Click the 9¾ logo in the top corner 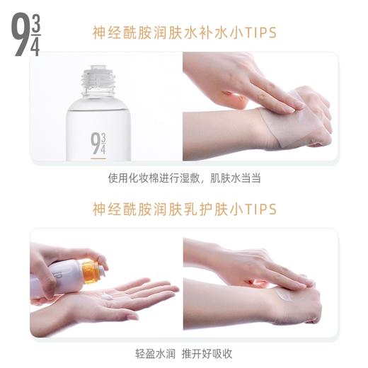tap(27, 35)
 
